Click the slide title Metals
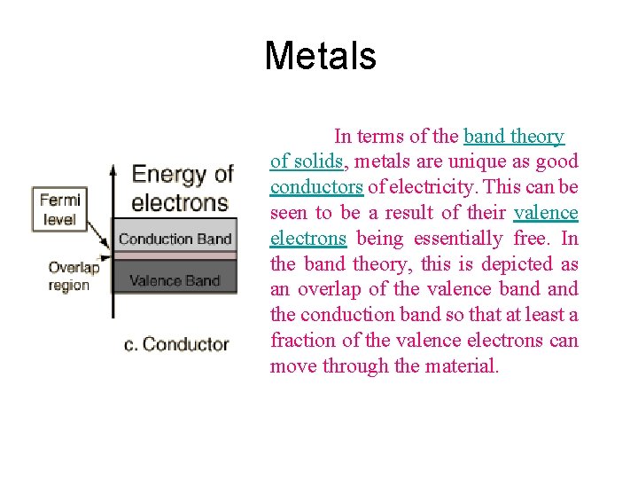pyautogui.click(x=320, y=57)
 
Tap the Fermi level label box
pyautogui.click(x=60, y=209)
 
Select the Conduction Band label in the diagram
pyautogui.click(x=175, y=239)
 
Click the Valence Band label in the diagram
pyautogui.click(x=175, y=281)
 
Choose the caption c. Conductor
pyautogui.click(x=176, y=343)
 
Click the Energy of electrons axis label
pyautogui.click(x=182, y=188)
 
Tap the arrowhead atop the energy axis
pyautogui.click(x=113, y=168)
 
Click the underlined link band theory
pyautogui.click(x=514, y=137)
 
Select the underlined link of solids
pyautogui.click(x=307, y=161)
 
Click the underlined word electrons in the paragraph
pyautogui.click(x=307, y=239)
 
